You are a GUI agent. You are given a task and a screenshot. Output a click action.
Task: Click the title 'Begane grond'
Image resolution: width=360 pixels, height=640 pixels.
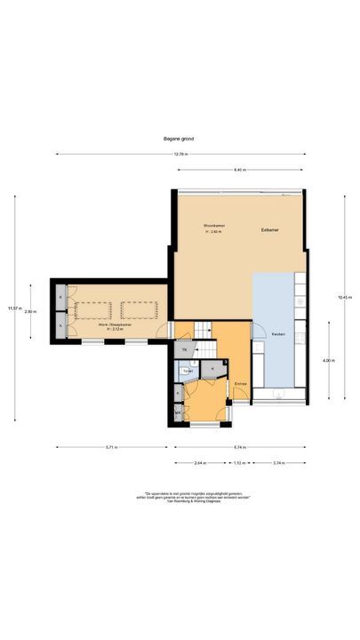[180, 140]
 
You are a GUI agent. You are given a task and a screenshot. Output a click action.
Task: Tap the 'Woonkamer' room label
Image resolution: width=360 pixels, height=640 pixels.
[213, 226]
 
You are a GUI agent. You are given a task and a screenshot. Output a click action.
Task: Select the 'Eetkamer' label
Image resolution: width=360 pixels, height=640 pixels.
[269, 230]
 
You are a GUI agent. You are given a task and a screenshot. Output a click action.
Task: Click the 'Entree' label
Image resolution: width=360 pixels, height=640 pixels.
[240, 383]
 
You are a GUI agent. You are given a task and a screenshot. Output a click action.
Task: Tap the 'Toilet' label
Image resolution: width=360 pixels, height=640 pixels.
[188, 370]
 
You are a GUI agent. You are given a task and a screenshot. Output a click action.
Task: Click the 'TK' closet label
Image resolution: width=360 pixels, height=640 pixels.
[184, 351]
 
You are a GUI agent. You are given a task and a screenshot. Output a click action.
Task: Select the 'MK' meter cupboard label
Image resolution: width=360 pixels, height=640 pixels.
[178, 412]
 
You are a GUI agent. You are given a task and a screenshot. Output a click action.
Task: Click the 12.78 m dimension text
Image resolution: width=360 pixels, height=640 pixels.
[180, 155]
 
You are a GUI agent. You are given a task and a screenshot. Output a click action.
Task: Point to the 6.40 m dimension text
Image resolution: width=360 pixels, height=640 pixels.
[240, 169]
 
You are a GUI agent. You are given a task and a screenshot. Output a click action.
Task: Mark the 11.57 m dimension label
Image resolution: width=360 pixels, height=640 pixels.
[12, 308]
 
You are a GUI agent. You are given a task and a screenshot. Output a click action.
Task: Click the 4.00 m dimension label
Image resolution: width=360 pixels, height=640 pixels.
[329, 360]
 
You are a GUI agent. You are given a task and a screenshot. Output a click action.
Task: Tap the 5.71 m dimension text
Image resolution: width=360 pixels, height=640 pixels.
[110, 447]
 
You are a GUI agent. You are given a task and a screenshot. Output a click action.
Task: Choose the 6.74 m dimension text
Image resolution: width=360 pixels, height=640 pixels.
[240, 447]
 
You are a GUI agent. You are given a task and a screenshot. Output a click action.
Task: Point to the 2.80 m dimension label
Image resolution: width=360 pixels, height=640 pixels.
[30, 311]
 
